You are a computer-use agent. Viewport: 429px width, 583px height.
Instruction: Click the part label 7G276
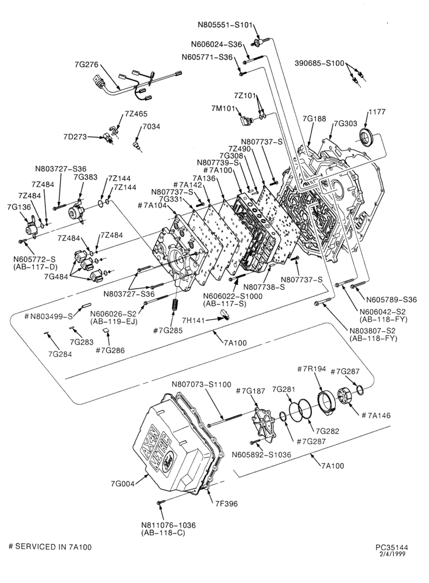[x=86, y=65]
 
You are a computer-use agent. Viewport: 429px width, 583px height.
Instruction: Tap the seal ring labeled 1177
[x=367, y=137]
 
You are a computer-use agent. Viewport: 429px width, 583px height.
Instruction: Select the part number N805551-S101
[x=225, y=25]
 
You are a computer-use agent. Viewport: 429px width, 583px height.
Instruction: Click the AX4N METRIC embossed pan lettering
[x=156, y=447]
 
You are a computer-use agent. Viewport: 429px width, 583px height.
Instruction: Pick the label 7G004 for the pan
[x=122, y=483]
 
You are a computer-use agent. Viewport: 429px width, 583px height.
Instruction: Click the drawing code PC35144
[x=392, y=547]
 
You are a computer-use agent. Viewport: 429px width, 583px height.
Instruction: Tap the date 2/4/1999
[x=392, y=554]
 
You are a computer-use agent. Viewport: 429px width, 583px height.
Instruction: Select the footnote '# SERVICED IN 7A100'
[x=50, y=547]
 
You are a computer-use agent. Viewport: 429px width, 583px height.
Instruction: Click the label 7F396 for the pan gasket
[x=226, y=504]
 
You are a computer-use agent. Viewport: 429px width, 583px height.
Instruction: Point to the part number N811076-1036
[x=168, y=525]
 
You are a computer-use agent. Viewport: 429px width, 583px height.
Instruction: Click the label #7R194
[x=312, y=369]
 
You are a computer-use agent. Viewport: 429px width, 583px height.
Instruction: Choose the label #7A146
[x=376, y=415]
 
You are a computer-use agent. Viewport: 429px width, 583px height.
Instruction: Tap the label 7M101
[x=223, y=108]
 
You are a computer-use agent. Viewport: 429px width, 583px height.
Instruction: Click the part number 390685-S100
[x=319, y=63]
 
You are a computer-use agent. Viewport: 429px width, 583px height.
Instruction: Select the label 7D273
[x=75, y=136]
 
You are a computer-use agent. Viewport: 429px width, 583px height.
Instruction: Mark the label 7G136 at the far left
[x=19, y=208]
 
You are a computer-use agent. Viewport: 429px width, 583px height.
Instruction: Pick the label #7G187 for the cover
[x=251, y=391]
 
